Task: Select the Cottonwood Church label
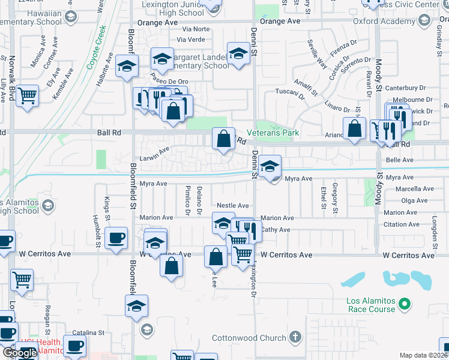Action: [x=251, y=338]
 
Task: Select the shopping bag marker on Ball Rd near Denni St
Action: [x=223, y=140]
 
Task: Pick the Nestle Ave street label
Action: [x=233, y=206]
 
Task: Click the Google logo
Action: [x=20, y=353]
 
